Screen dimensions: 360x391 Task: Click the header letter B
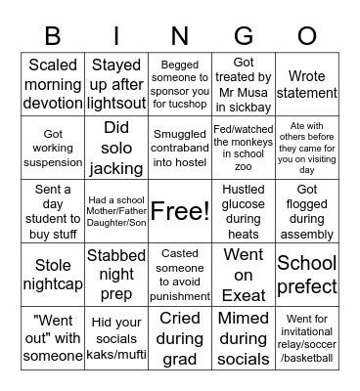[x=53, y=37]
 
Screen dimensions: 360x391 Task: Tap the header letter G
[x=244, y=37]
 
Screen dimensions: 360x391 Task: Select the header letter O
[x=307, y=37]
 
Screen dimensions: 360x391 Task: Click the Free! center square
[x=180, y=210]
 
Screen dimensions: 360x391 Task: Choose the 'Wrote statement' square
[x=307, y=83]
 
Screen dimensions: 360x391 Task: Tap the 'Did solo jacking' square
[x=116, y=147]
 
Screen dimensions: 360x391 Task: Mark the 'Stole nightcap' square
[x=53, y=274]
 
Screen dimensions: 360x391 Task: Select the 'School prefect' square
[x=307, y=274]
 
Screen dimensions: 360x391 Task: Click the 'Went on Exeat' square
[x=244, y=274]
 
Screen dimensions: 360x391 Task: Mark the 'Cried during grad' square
[x=180, y=337]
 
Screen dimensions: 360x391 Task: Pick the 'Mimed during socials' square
[x=244, y=337]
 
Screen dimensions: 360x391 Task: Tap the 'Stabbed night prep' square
[x=116, y=274]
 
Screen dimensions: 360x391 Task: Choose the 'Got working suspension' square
[x=53, y=147]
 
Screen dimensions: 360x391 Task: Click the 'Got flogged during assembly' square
[x=307, y=210]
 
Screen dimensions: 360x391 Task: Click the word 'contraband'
[x=180, y=147]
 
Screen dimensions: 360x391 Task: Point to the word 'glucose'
[x=244, y=203]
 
